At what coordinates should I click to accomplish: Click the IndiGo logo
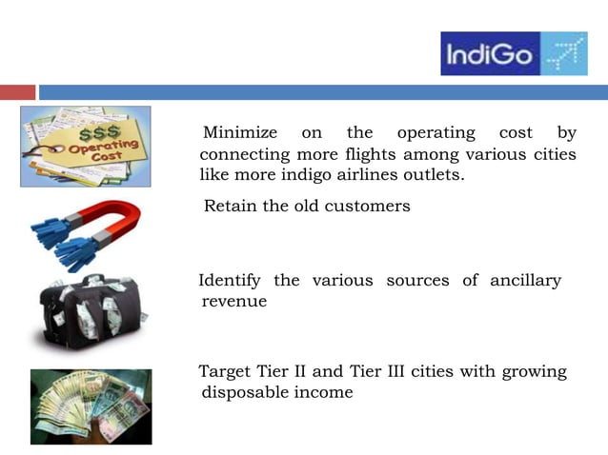(514, 53)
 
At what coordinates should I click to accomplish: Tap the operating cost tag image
(86, 146)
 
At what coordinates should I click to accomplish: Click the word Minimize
(240, 132)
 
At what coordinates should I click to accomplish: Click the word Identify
(231, 280)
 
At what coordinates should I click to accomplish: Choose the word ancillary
(525, 280)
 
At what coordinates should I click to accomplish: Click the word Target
(225, 371)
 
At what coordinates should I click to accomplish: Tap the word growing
(533, 371)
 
